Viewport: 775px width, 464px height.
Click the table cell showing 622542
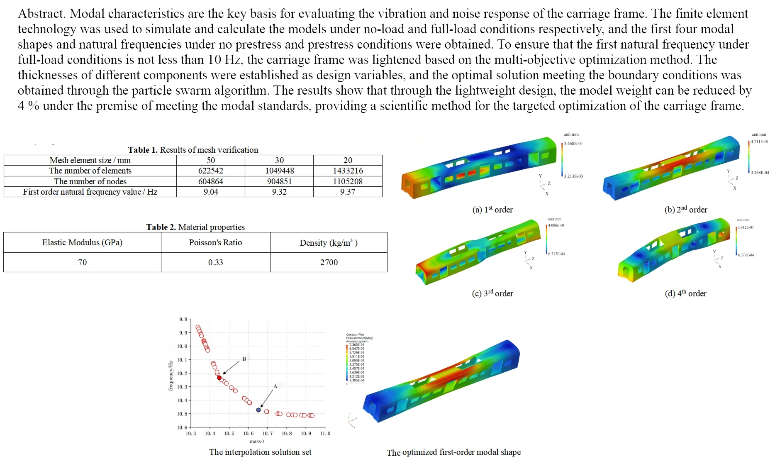point(210,171)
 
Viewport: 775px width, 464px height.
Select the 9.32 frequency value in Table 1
point(279,192)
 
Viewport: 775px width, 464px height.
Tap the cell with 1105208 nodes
point(348,181)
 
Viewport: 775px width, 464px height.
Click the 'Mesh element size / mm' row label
point(90,160)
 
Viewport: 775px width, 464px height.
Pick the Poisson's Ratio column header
point(215,242)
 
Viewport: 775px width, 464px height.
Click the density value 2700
point(329,262)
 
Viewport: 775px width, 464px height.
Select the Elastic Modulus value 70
point(82,262)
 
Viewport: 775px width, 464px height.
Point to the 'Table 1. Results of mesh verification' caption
point(193,150)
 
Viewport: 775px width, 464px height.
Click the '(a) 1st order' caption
point(492,210)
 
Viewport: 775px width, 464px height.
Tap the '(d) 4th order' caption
point(685,293)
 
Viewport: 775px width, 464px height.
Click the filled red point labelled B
point(219,378)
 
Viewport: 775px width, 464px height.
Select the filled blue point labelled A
point(258,410)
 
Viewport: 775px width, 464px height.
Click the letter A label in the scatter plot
point(275,386)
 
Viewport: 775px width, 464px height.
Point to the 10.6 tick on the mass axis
point(249,433)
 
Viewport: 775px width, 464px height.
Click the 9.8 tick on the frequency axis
point(183,319)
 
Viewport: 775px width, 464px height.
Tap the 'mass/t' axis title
point(257,442)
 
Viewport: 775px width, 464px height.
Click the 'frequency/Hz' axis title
point(171,376)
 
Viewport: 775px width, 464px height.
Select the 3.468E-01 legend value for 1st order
point(573,144)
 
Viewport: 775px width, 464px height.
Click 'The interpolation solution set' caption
point(260,452)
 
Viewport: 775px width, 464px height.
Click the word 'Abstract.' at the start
point(41,14)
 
